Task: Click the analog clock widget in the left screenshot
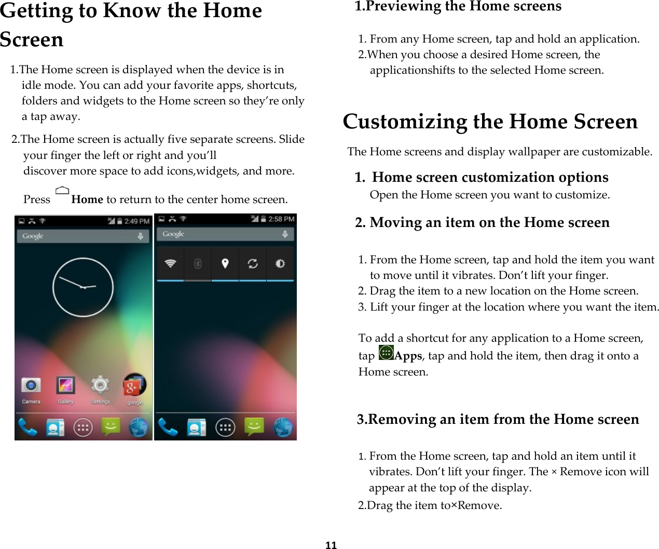(83, 287)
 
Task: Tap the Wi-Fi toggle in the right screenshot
(170, 264)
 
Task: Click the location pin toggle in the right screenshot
(225, 264)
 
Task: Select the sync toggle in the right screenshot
(253, 264)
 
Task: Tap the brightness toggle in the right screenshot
(280, 264)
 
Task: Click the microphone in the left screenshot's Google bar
(140, 236)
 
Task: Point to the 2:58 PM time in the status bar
(281, 219)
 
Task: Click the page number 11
(331, 545)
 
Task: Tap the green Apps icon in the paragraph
(386, 353)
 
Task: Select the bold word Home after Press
(87, 199)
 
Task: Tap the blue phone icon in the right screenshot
(168, 427)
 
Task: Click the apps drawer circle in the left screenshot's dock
(83, 427)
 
